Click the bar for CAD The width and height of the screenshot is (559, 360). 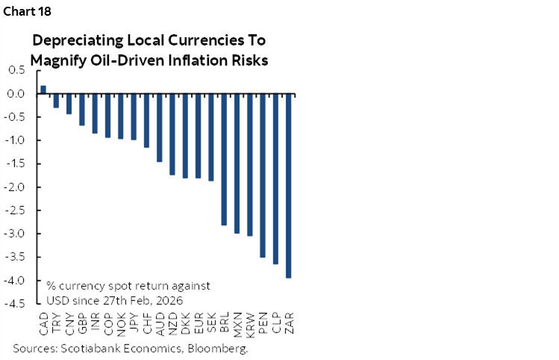(43, 90)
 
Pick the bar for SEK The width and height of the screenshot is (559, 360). (210, 137)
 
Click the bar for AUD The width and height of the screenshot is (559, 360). (159, 128)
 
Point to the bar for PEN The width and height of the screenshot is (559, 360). (262, 176)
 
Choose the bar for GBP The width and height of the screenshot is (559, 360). (82, 109)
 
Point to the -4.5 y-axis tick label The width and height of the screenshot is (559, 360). (15, 304)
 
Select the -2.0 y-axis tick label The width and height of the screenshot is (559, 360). (15, 187)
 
